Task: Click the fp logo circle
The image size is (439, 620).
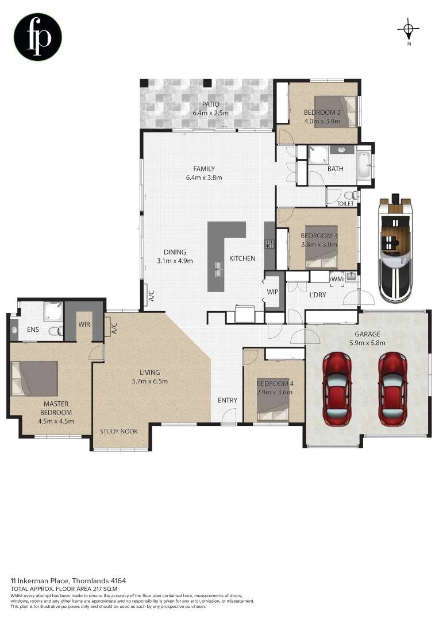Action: pyautogui.click(x=38, y=37)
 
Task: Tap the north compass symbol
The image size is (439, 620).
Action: pyautogui.click(x=408, y=29)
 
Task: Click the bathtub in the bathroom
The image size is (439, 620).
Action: pyautogui.click(x=364, y=165)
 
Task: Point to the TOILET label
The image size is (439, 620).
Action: pyautogui.click(x=345, y=203)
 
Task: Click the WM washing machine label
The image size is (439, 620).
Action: pyautogui.click(x=337, y=279)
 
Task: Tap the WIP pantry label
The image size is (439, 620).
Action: pyautogui.click(x=272, y=292)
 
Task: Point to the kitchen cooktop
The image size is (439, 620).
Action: pyautogui.click(x=269, y=244)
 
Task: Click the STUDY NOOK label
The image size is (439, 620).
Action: pyautogui.click(x=118, y=431)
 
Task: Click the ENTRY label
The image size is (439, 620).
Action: pyautogui.click(x=227, y=400)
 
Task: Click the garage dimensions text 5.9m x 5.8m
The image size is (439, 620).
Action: pyautogui.click(x=368, y=343)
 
